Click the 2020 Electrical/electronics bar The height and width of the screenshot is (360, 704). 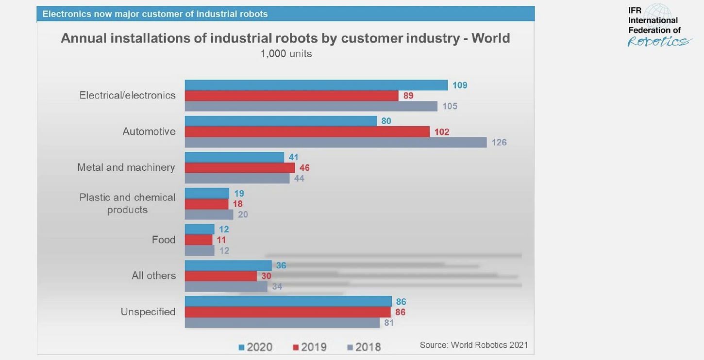(x=316, y=85)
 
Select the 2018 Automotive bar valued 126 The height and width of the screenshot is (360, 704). (x=335, y=142)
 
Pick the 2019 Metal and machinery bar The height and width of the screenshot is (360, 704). (x=240, y=168)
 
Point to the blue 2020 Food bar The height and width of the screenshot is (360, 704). (x=200, y=229)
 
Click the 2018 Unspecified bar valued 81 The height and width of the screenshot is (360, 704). (x=282, y=323)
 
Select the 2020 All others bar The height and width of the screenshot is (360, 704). (x=228, y=265)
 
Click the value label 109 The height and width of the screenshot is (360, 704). (x=459, y=85)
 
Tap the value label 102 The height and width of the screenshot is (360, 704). (x=441, y=132)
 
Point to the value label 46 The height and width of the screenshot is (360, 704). (x=304, y=168)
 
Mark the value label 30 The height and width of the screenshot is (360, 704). (x=266, y=276)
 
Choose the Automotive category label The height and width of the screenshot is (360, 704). (x=149, y=131)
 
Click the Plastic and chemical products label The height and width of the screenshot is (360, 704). (x=127, y=203)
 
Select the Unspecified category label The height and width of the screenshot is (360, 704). (x=148, y=311)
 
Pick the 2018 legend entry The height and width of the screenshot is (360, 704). (x=364, y=347)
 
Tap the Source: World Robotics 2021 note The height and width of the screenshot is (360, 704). (x=473, y=345)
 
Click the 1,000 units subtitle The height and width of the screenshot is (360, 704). (x=286, y=54)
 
